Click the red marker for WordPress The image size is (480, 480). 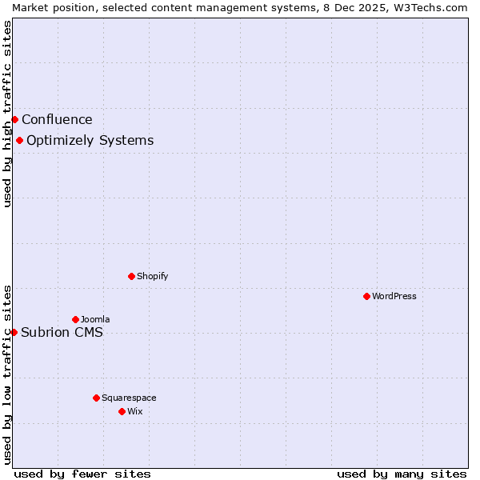click(366, 296)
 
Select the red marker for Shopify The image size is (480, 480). click(131, 276)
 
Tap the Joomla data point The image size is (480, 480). click(75, 319)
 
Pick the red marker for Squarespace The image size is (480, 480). click(96, 398)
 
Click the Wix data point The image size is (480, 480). click(122, 411)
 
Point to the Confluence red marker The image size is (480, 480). click(14, 119)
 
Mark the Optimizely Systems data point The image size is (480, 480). click(19, 141)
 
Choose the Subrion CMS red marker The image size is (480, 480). click(14, 332)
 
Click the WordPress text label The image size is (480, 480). click(394, 296)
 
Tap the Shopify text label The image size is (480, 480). click(152, 276)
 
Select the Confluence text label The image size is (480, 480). click(57, 120)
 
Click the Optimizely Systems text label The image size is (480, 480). click(90, 141)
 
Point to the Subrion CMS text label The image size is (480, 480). click(62, 333)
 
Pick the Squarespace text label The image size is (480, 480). click(129, 398)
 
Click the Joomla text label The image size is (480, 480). click(95, 319)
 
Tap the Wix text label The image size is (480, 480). click(134, 411)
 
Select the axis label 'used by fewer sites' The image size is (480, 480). click(82, 474)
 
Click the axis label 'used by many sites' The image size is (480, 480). click(402, 474)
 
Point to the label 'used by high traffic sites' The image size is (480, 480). click(7, 114)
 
